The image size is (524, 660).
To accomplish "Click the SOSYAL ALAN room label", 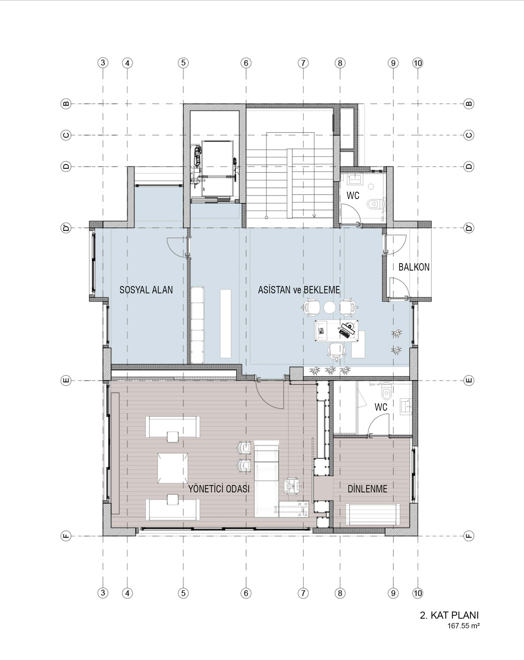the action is (x=146, y=290).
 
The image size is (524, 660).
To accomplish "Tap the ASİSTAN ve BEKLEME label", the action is (x=299, y=290).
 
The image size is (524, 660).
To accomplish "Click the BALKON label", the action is (x=414, y=267).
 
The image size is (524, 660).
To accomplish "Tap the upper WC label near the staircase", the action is (x=353, y=195).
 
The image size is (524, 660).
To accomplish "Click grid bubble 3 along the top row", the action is (x=103, y=63).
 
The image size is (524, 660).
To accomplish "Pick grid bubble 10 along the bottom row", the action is (x=418, y=593).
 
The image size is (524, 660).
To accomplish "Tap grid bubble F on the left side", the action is (x=66, y=536).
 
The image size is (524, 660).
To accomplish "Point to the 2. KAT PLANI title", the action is (x=449, y=615).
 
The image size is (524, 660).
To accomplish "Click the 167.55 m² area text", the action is (x=463, y=626).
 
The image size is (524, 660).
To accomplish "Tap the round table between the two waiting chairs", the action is (x=330, y=307).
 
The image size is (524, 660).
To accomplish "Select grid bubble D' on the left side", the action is (x=66, y=228).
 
